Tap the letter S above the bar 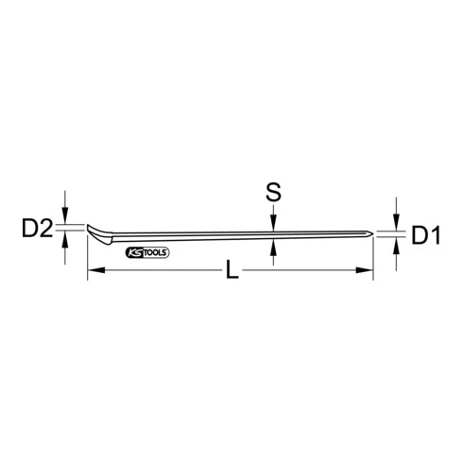point(273,193)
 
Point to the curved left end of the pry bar point(92,233)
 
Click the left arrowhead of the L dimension point(94,273)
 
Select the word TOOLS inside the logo point(154,252)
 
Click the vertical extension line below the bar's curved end point(87,260)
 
